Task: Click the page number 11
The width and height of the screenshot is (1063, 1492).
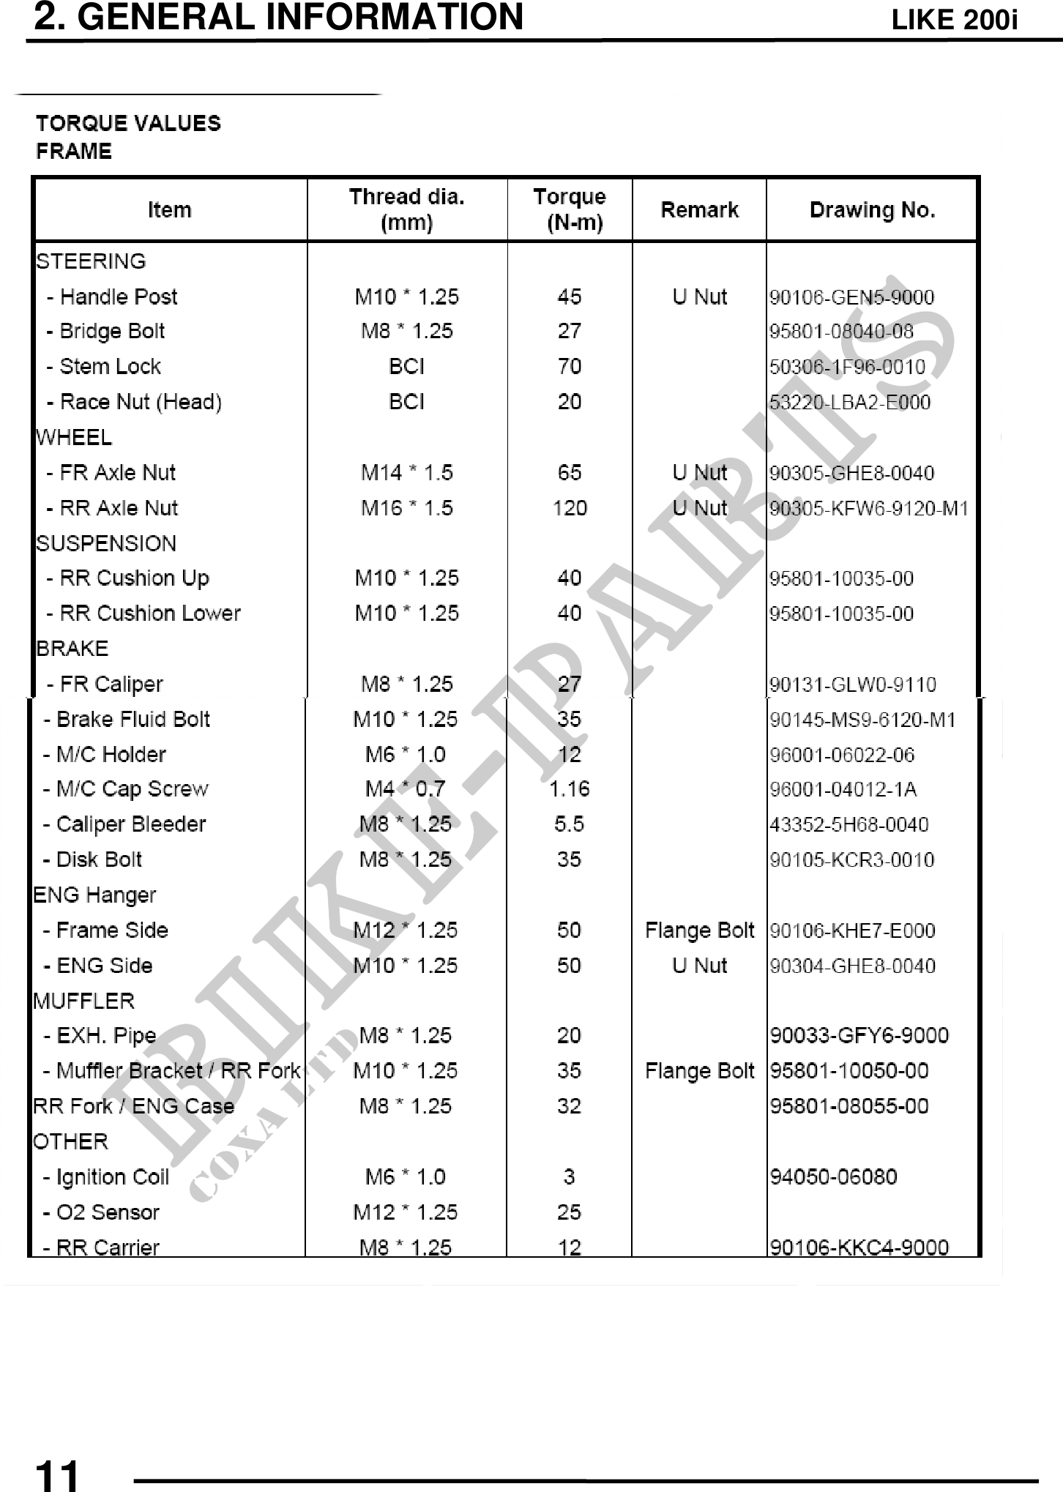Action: coord(56,1474)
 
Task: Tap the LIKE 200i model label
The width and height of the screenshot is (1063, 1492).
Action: coord(954,20)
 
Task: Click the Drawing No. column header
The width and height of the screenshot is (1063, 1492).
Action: coord(872,210)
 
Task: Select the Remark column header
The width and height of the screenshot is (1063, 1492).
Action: coord(699,210)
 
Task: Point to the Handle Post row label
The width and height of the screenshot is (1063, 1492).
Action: coord(112,296)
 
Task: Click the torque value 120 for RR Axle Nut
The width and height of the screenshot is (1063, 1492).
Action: coord(570,508)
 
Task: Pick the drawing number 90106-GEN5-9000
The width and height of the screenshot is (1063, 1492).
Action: coord(851,297)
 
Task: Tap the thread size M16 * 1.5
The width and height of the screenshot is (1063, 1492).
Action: coord(406,508)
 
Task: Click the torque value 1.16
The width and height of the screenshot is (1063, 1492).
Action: coord(569,789)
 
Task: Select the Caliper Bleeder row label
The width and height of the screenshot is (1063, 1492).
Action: coord(124,824)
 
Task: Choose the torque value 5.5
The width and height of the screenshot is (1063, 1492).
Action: coord(569,824)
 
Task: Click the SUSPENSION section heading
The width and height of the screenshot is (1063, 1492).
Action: coord(106,543)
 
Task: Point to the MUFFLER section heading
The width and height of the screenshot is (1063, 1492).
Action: coord(83,1001)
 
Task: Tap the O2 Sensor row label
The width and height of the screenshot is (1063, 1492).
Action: coord(101,1212)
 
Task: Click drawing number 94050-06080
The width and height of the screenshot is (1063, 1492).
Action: coord(833,1177)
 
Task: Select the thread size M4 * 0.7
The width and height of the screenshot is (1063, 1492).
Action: coord(405,789)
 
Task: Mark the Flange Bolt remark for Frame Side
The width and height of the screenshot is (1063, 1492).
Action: coord(699,930)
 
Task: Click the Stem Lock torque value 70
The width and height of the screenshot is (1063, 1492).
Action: coord(569,366)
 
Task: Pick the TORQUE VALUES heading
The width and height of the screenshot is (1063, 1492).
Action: coord(128,123)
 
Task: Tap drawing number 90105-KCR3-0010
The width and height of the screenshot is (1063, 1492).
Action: coord(851,859)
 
